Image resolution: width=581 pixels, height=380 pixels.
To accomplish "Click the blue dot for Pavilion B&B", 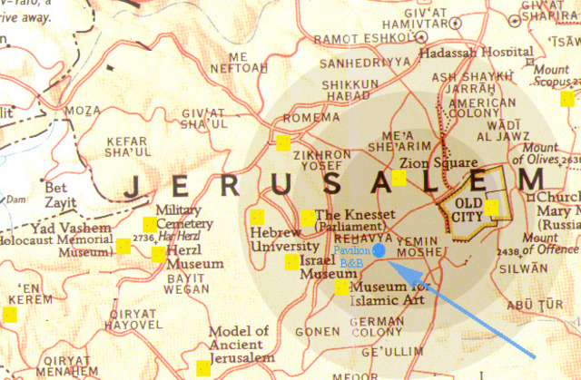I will pos(379,249).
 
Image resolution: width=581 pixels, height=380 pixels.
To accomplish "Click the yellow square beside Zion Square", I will pos(399,177).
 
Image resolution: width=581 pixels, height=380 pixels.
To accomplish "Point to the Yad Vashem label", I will pos(60,229).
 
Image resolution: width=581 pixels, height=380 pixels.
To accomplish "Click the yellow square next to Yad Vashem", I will pos(123,245).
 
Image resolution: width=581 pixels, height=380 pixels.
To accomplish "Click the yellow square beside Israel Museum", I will pos(291,263).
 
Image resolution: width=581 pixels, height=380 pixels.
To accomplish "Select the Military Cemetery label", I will pos(184,217).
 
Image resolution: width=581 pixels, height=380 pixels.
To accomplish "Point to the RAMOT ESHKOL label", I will pos(351,40).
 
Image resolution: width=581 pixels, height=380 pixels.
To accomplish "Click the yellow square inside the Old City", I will pos(491,208).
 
